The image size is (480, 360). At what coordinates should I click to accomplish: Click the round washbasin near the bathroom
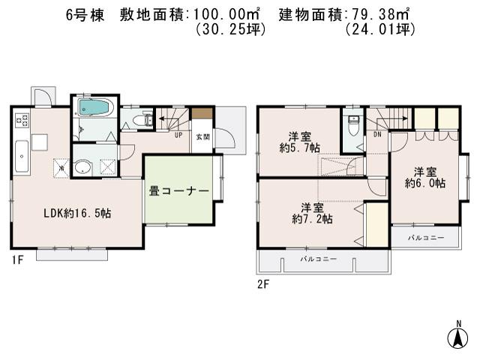(83, 167)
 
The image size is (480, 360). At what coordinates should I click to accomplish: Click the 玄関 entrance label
(202, 136)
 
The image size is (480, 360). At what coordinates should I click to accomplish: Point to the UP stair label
(178, 136)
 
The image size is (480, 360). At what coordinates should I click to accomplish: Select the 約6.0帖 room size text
(424, 182)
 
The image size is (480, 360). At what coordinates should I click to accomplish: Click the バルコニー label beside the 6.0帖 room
(425, 238)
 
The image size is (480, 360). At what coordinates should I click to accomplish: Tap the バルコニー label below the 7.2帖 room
(319, 259)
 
